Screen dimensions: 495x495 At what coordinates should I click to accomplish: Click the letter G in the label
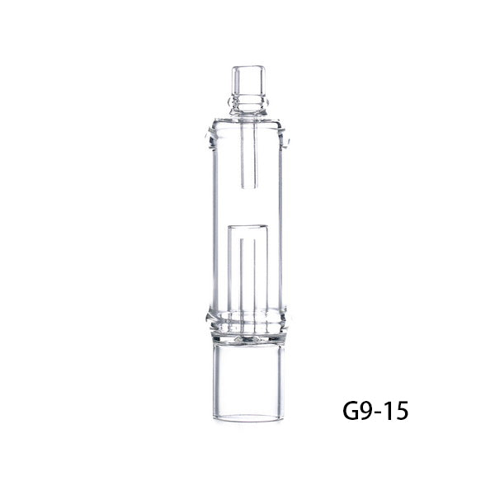(353, 409)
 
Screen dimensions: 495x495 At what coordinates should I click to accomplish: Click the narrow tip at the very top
(247, 78)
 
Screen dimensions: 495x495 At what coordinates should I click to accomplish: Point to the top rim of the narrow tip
(247, 63)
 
